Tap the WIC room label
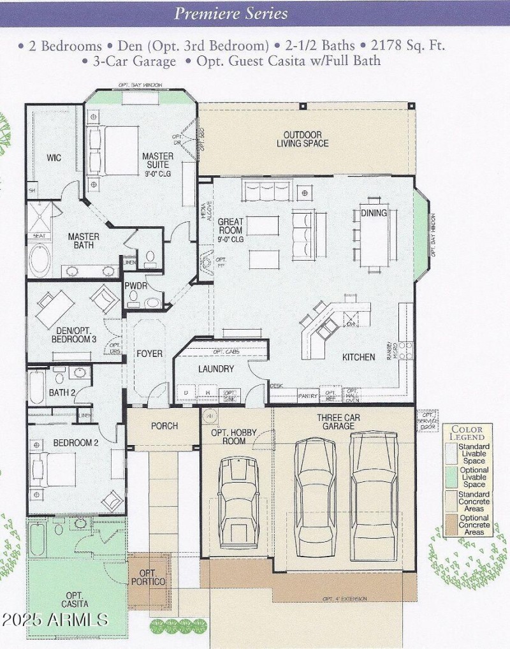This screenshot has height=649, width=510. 54,157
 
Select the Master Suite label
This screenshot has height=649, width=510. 158,161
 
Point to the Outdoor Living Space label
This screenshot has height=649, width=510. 302,139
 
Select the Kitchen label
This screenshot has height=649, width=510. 358,357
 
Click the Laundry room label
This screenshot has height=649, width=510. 216,368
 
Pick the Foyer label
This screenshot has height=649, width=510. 149,353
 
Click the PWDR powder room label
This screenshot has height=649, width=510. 136,286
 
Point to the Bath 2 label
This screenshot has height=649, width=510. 62,393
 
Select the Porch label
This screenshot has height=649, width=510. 164,426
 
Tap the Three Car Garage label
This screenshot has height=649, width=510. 337,421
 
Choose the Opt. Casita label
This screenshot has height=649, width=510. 75,599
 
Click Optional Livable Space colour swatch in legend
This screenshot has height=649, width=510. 451,477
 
